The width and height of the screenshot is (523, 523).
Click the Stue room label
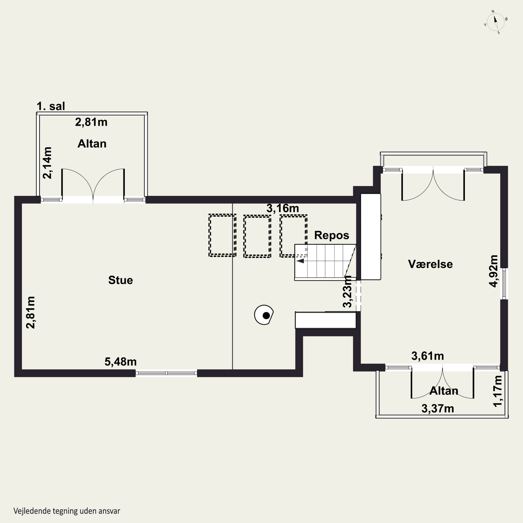click(120, 280)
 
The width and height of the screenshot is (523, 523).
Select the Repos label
click(332, 235)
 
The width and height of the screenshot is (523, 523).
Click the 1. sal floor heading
click(51, 106)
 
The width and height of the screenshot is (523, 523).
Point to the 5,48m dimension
click(120, 362)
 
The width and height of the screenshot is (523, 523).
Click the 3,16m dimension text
click(283, 208)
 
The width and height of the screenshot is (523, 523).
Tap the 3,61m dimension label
click(428, 356)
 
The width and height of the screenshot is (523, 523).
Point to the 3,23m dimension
click(347, 291)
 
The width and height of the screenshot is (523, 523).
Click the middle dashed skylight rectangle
click(257, 236)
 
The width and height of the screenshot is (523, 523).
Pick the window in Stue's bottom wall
click(166, 373)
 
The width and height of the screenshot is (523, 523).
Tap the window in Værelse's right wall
click(504, 284)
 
